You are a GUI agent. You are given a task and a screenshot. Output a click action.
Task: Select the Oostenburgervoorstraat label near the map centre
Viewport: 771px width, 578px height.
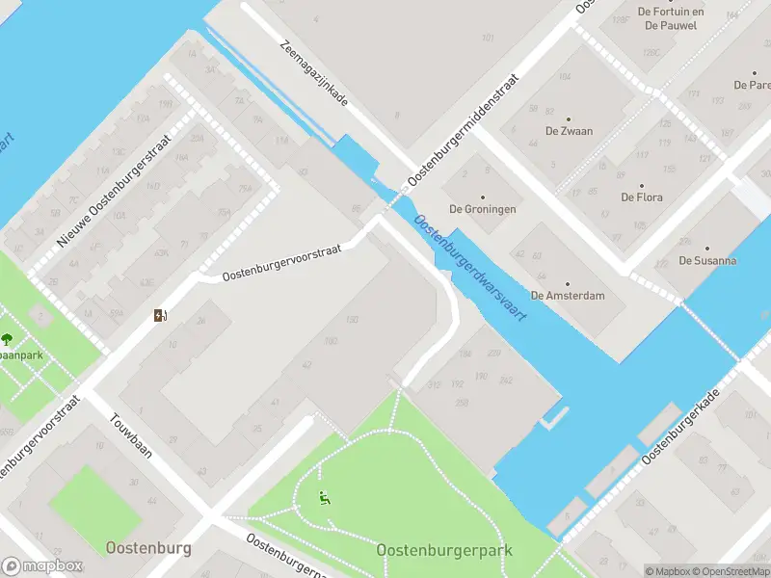pos(282,262)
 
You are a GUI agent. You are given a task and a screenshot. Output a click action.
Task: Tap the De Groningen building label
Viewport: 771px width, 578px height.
pos(483,209)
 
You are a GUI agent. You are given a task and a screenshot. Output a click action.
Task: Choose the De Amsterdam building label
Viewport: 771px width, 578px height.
pos(568,296)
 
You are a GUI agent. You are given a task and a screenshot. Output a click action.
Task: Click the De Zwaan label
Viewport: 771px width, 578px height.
pos(569,131)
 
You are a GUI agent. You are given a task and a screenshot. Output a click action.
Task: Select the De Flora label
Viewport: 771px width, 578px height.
pos(641,197)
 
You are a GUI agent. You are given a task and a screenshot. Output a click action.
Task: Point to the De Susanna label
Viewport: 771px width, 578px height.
pos(707,260)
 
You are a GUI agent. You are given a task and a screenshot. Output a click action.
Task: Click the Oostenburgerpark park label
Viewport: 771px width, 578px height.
pos(444,550)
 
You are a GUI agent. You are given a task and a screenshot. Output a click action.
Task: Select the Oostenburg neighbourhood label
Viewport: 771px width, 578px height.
pos(148,548)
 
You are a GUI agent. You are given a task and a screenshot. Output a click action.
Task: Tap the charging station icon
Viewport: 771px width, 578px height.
pos(160,315)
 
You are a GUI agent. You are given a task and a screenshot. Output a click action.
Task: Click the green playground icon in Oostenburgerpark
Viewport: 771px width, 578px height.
pos(325,498)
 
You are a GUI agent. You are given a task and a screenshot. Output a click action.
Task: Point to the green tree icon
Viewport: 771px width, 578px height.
pos(8,339)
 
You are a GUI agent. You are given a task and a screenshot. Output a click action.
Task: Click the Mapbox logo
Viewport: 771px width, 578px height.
pos(42,566)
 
